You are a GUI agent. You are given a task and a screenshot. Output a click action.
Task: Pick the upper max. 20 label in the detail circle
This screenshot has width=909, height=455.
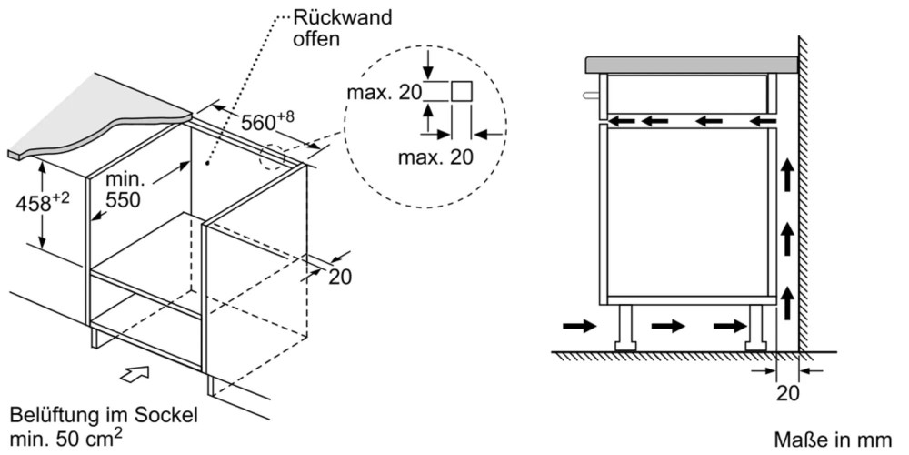coord(382,92)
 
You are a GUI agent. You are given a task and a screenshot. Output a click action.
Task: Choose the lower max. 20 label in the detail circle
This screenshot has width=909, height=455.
coord(435,157)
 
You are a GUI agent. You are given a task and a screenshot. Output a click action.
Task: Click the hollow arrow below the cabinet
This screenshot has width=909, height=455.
coord(134,374)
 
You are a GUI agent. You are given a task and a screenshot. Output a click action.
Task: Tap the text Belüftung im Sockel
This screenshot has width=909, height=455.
coord(104,416)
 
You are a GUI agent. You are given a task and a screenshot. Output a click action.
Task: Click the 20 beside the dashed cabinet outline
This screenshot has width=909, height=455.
coord(339,277)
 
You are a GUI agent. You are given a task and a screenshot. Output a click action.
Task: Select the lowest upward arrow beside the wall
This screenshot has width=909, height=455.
coord(787,296)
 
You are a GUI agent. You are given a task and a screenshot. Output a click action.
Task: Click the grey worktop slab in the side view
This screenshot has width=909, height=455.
coord(691,65)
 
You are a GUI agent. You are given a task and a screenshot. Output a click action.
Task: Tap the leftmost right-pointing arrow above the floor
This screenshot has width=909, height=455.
coord(580,325)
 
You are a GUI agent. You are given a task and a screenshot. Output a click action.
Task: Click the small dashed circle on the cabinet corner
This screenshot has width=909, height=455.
coord(272,157)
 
